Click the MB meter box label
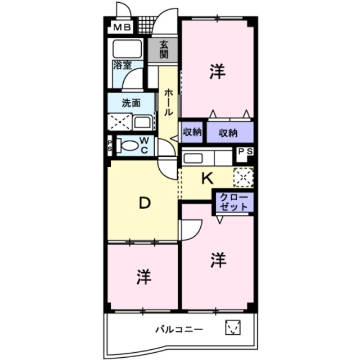122,28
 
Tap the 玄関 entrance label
164,49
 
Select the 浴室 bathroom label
123,65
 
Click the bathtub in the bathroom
127,49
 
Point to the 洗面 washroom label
131,103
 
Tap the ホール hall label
168,102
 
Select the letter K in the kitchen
207,178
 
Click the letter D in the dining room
145,203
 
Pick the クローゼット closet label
234,202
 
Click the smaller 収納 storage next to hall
192,132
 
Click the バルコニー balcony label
179,330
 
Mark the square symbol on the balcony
232,327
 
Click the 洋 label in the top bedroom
217,71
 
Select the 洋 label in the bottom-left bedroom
144,277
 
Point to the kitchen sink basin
193,158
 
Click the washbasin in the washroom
142,122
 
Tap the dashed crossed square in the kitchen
244,177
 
